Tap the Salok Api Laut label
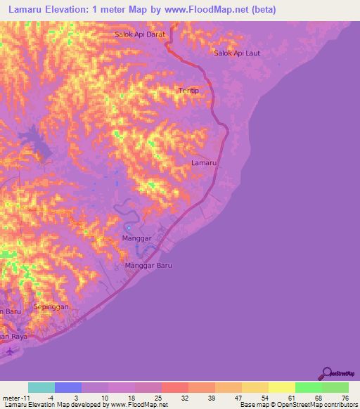237,53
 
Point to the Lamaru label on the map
204,162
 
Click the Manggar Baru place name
148,266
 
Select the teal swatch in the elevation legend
41,387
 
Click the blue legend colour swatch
68,387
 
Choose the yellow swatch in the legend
281,387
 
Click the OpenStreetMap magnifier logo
326,372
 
